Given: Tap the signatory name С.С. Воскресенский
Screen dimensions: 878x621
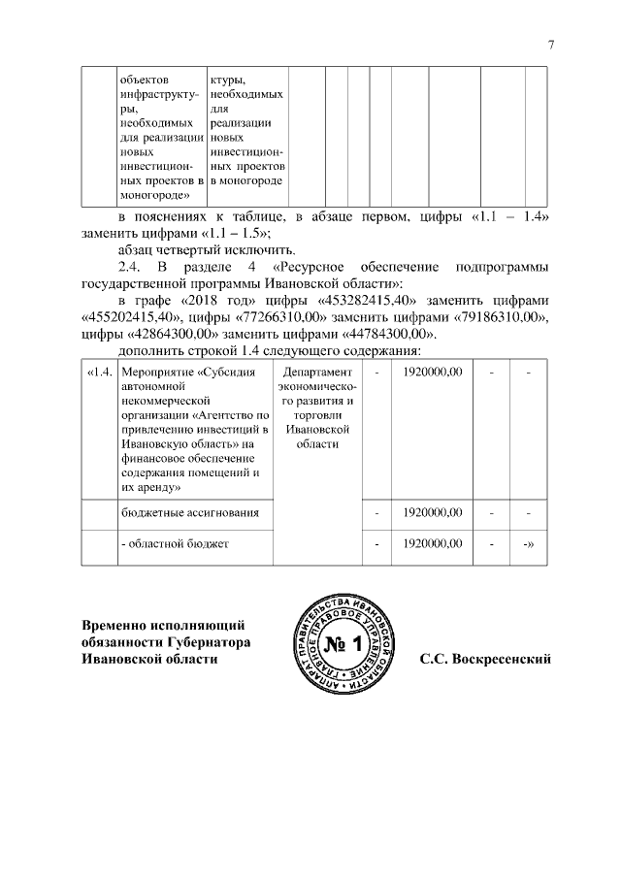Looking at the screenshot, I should tap(485, 660).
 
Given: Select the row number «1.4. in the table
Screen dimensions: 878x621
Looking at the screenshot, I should tap(100, 373).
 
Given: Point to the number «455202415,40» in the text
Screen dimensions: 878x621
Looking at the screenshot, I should tap(129, 315).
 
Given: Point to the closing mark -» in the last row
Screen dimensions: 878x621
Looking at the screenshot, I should tap(530, 543).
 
